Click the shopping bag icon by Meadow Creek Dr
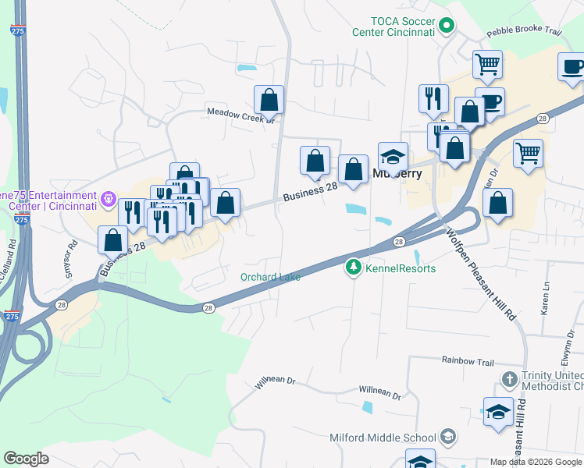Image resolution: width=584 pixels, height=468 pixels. tap(269, 100)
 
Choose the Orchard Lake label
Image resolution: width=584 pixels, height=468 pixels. tap(269, 277)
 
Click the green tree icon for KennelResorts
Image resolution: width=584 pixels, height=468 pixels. tap(354, 268)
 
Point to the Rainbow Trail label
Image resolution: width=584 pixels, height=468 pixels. tap(468, 360)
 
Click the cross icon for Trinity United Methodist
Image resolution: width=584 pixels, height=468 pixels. tap(509, 380)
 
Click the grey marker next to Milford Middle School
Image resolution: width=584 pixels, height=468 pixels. tap(448, 436)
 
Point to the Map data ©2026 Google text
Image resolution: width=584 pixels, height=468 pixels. tap(536, 462)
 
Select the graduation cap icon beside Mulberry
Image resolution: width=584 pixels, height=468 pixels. tap(393, 156)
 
